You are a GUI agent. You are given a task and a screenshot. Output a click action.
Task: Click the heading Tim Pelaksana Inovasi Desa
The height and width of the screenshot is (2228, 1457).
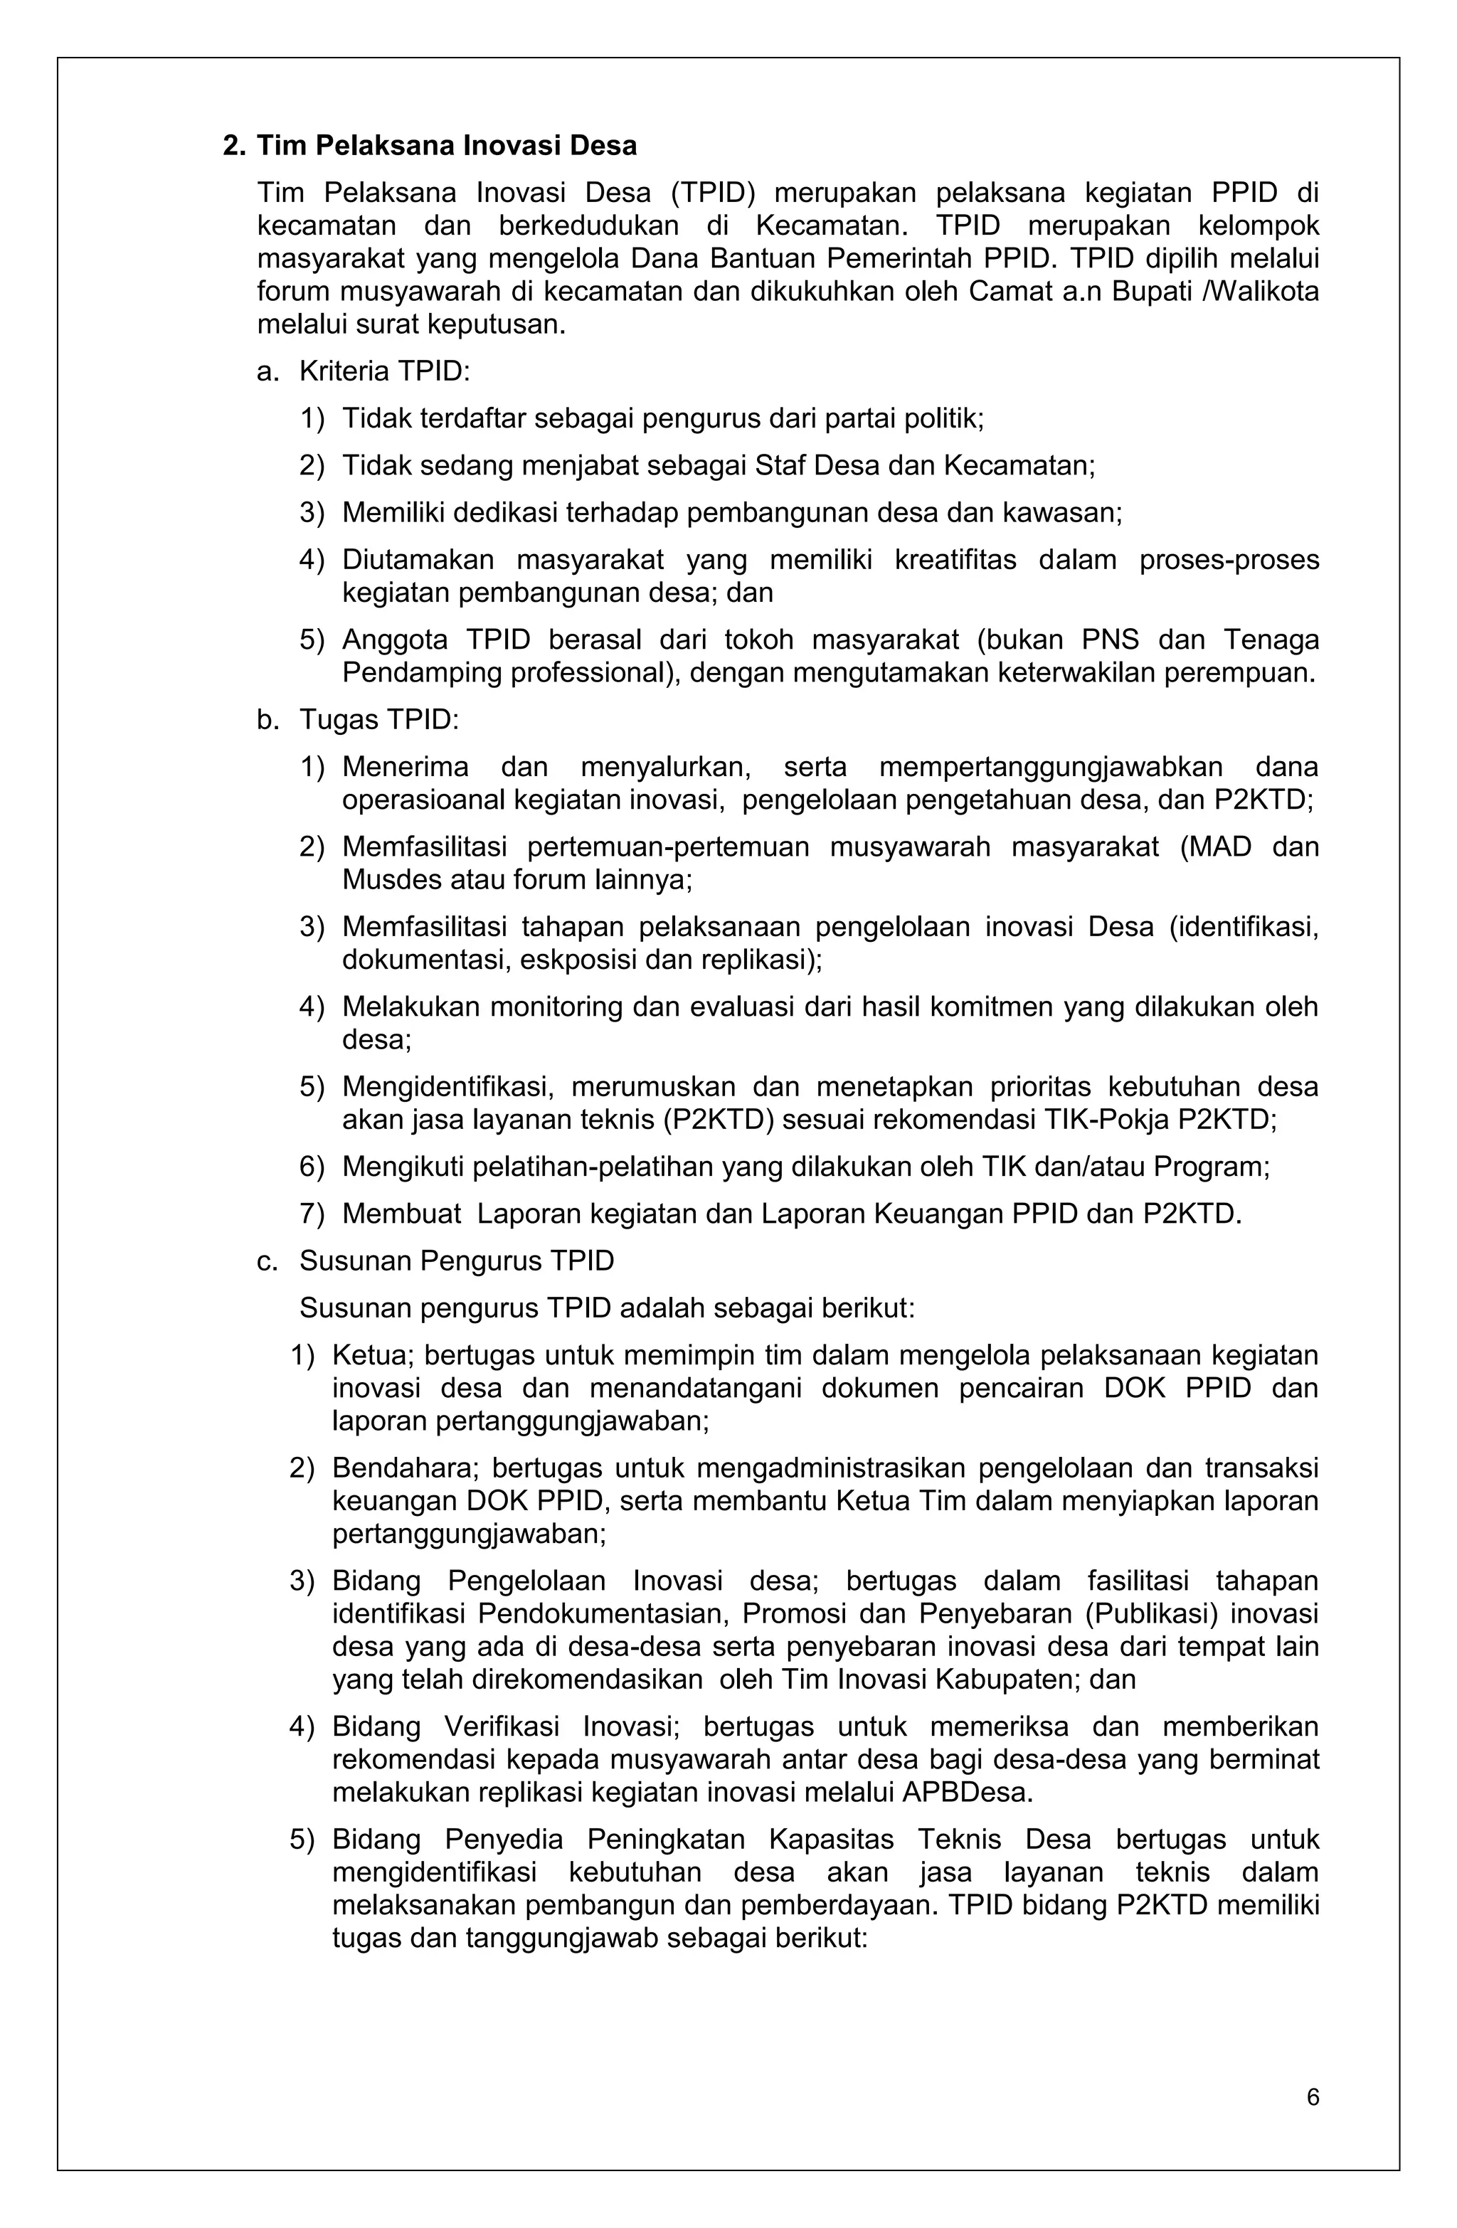pyautogui.click(x=447, y=146)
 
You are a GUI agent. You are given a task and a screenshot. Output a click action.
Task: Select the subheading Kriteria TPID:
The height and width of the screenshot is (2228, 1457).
pyautogui.click(x=384, y=371)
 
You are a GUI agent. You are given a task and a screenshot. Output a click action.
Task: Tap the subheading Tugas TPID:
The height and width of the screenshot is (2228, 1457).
pyautogui.click(x=378, y=719)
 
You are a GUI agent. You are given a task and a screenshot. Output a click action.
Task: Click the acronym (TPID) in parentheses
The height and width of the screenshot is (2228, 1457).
pyautogui.click(x=713, y=193)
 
